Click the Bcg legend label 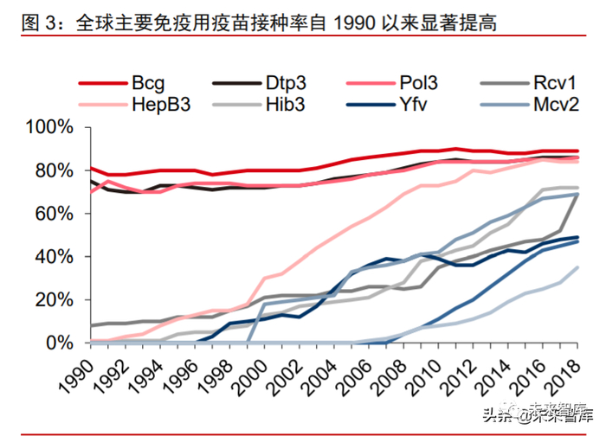(151, 85)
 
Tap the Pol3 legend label (419, 85)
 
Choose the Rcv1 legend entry (554, 85)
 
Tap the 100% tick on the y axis (50, 128)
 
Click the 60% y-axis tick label (55, 214)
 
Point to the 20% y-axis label (55, 299)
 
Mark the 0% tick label (61, 343)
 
